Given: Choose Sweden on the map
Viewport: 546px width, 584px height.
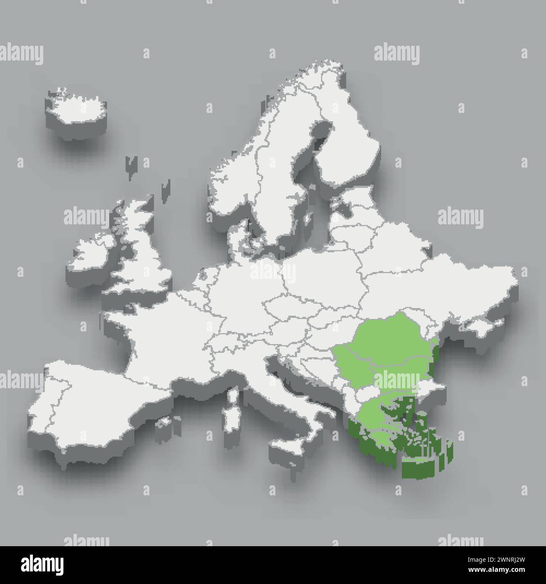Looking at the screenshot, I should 269,176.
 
